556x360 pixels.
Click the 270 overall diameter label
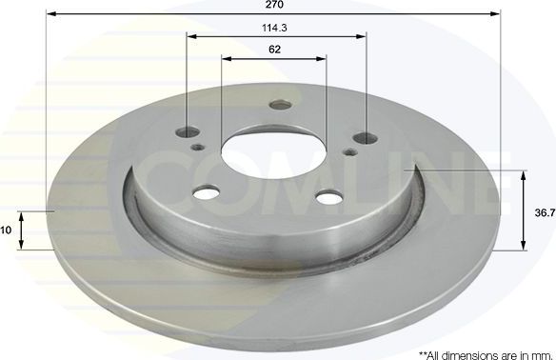point(275,5)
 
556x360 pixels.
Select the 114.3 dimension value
point(276,28)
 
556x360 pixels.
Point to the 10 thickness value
point(6,230)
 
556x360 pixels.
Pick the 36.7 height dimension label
point(545,213)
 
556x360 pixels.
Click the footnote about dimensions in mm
point(486,354)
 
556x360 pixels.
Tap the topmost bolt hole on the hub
point(279,106)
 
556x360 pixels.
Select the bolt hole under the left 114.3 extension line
point(188,133)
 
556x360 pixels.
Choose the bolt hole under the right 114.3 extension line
point(360,137)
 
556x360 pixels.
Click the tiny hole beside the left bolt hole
point(198,148)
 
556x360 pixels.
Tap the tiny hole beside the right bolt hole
point(349,151)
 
